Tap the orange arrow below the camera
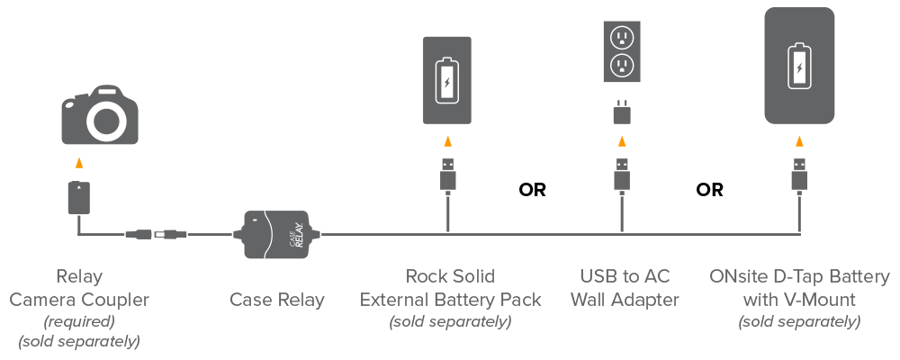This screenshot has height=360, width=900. (x=79, y=163)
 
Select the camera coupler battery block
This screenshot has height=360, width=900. (x=79, y=197)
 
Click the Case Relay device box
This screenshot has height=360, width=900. (x=277, y=236)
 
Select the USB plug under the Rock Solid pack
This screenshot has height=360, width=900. (x=447, y=174)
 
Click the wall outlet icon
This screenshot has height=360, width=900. (x=620, y=52)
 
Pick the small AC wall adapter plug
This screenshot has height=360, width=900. (x=620, y=112)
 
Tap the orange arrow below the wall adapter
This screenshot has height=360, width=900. (x=620, y=140)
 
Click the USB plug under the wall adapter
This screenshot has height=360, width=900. (x=620, y=174)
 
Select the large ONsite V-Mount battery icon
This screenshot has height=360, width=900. (x=798, y=67)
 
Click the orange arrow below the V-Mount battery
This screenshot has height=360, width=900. (x=798, y=140)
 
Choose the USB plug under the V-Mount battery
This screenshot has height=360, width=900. (x=798, y=174)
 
